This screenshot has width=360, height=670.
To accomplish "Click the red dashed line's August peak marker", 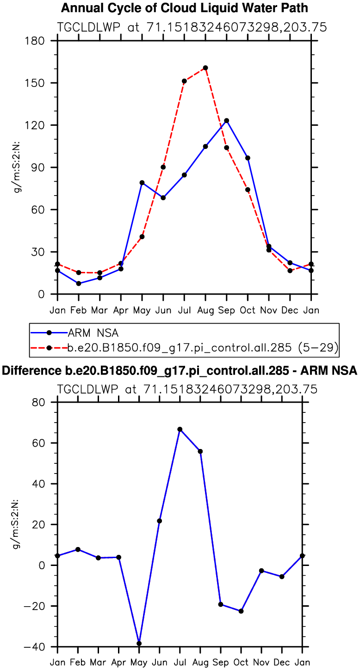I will (x=205, y=68).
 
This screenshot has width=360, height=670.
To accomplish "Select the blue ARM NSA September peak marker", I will (x=226, y=121).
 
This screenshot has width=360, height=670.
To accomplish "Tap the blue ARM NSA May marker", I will (x=142, y=183).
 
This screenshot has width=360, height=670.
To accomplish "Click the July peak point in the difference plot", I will (x=180, y=429).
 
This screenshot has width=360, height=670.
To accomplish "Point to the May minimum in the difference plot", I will (x=139, y=643).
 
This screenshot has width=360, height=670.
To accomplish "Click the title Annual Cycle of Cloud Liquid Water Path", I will (x=185, y=8).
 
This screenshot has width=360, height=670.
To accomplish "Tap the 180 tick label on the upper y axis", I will (x=35, y=41).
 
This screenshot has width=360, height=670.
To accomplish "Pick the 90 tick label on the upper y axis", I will (x=38, y=167).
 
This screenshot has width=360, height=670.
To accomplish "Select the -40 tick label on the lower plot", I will (x=33, y=646).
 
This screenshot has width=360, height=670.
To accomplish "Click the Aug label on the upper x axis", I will (x=205, y=310).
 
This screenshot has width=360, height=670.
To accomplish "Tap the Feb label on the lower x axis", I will (x=78, y=662).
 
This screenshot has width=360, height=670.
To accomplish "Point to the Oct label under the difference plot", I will (x=241, y=662).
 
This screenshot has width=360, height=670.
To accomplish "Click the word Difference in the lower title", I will (x=28, y=370).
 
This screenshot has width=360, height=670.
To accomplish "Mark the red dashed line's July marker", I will (x=184, y=81).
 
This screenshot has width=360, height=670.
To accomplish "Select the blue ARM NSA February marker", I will (x=79, y=283).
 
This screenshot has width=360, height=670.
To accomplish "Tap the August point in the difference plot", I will (x=200, y=451).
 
